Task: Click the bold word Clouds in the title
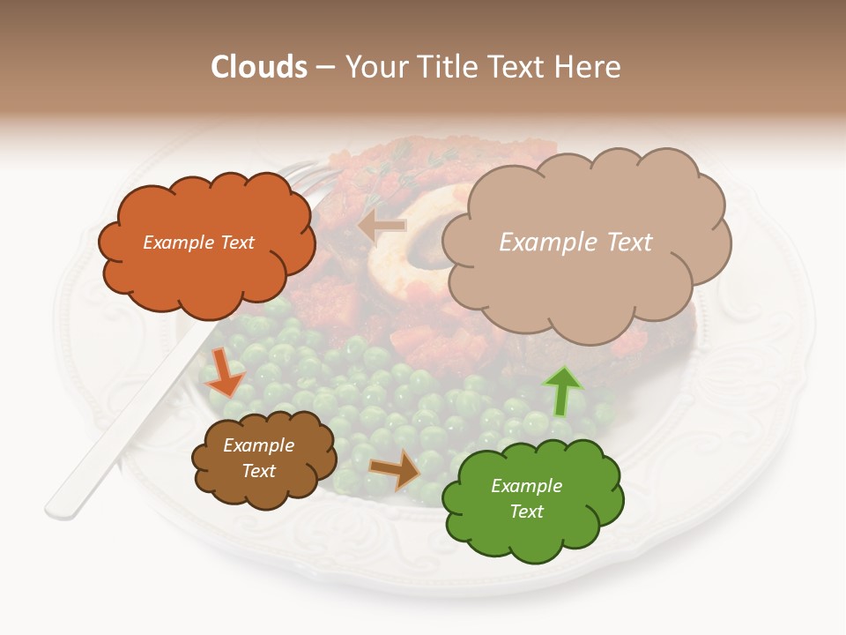click(x=258, y=67)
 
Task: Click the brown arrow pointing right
click(x=396, y=469)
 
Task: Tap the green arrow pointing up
click(x=561, y=391)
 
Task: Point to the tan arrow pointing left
click(x=382, y=227)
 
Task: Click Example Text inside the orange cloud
click(x=198, y=243)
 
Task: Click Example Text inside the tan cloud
click(x=575, y=243)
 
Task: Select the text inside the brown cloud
click(x=258, y=459)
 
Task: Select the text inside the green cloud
click(x=526, y=498)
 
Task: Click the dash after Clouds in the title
click(x=324, y=67)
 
